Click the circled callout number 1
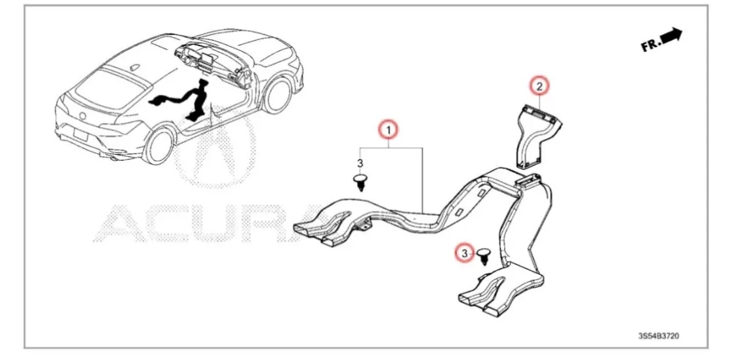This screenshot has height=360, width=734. tap(389, 130)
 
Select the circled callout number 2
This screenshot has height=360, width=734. tap(539, 86)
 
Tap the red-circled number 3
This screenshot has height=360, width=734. tap(465, 252)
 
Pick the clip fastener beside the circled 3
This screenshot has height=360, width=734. tap(484, 254)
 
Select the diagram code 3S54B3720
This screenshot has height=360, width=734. tap(659, 336)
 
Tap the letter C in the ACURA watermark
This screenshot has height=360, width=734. tap(165, 223)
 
